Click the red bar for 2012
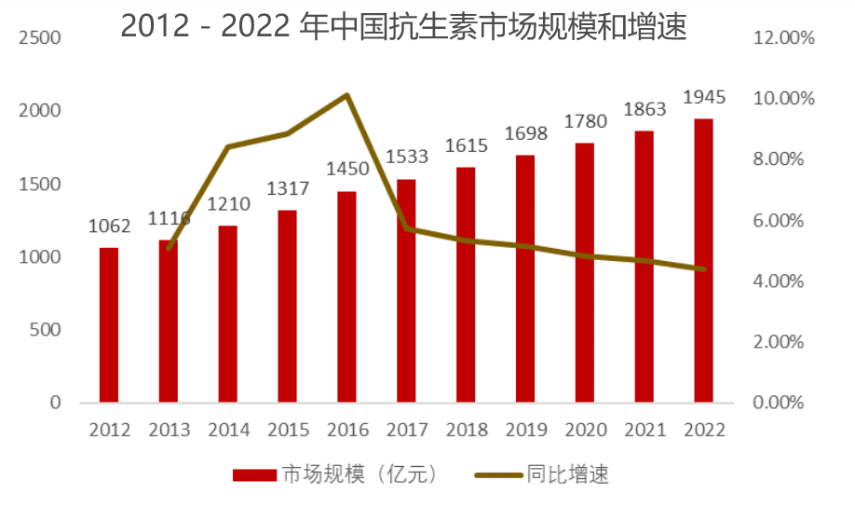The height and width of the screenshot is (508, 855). pyautogui.click(x=109, y=325)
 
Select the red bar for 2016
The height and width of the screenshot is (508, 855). pyautogui.click(x=346, y=297)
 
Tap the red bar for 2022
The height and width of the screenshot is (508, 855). pyautogui.click(x=703, y=261)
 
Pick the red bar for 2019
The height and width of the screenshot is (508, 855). pyautogui.click(x=525, y=279)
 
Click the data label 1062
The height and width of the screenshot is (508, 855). pyautogui.click(x=109, y=227)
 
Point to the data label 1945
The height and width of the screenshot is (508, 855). pyautogui.click(x=703, y=97)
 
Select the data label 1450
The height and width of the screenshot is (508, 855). pyautogui.click(x=347, y=170)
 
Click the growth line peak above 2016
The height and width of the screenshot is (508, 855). pyautogui.click(x=346, y=95)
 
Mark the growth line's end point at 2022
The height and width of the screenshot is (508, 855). pyautogui.click(x=703, y=268)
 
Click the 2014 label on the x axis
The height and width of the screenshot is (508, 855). pyautogui.click(x=228, y=430)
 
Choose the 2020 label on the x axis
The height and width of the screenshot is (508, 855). pyautogui.click(x=585, y=430)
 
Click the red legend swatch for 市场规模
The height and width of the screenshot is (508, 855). pyautogui.click(x=254, y=475)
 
